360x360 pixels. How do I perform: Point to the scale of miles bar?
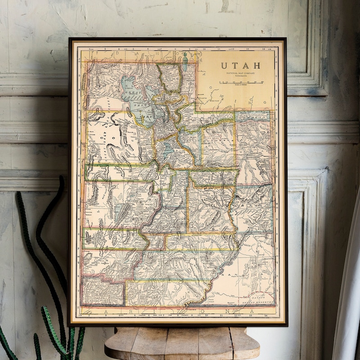coord(242,82)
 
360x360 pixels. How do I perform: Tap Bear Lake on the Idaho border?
coord(185,58)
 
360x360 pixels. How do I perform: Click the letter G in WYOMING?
coord(265,103)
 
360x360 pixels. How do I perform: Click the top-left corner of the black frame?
coord(70,39)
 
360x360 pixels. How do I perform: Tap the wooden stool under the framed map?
coord(182,344)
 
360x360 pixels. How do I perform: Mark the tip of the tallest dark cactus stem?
coord(61,178)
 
